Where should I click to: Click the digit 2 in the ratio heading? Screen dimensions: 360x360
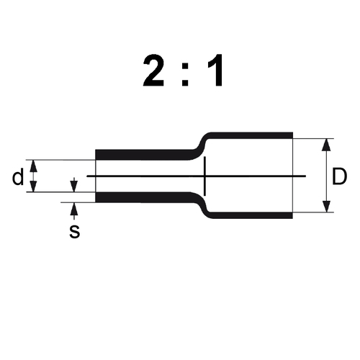click(x=154, y=71)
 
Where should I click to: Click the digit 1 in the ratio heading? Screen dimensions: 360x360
click(x=215, y=71)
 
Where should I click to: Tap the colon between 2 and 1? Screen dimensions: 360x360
click(x=185, y=76)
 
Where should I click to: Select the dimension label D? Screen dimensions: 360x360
click(x=339, y=176)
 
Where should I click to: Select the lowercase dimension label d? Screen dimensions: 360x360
click(x=18, y=176)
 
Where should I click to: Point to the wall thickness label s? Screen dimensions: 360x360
click(x=74, y=232)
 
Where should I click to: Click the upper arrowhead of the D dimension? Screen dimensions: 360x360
click(x=326, y=145)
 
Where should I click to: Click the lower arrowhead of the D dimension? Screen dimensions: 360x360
click(x=326, y=207)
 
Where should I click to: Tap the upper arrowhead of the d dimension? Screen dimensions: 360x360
click(x=33, y=166)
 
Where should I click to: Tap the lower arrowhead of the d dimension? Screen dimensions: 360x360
click(x=33, y=186)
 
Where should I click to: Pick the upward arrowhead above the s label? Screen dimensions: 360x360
click(x=74, y=208)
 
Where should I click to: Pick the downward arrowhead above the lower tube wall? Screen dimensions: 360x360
click(x=74, y=186)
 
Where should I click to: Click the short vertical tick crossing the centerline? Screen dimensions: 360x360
click(x=204, y=176)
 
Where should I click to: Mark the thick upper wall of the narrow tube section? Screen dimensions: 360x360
click(x=144, y=155)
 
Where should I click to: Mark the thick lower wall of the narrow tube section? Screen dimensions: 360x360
click(x=144, y=197)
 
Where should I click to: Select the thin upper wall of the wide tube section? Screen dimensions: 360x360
click(x=251, y=135)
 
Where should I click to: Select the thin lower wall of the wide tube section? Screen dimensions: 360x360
click(x=251, y=215)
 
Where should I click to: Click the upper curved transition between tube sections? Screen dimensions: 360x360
click(x=201, y=146)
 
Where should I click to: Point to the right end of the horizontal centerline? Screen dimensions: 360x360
click(x=306, y=176)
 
